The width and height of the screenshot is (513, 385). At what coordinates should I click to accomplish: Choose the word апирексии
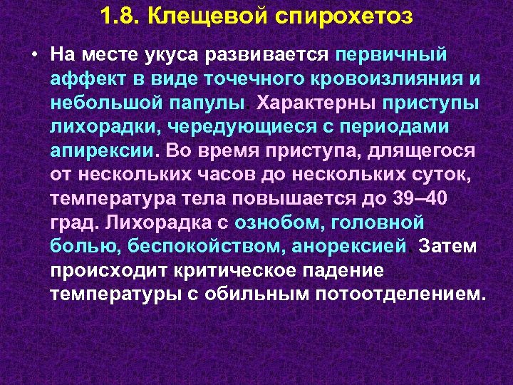pos(101,151)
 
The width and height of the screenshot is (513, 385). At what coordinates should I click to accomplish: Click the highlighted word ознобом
pos(274,224)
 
